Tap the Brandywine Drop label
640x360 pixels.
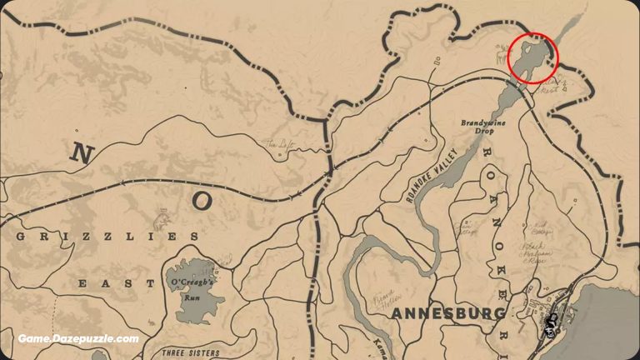(482, 127)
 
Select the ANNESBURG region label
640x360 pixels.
(448, 314)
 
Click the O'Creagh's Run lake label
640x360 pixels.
(193, 289)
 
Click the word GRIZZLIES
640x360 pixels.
(107, 237)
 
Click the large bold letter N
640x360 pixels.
(81, 152)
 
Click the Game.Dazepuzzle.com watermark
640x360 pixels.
(78, 339)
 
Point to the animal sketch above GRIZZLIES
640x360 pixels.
(162, 222)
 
